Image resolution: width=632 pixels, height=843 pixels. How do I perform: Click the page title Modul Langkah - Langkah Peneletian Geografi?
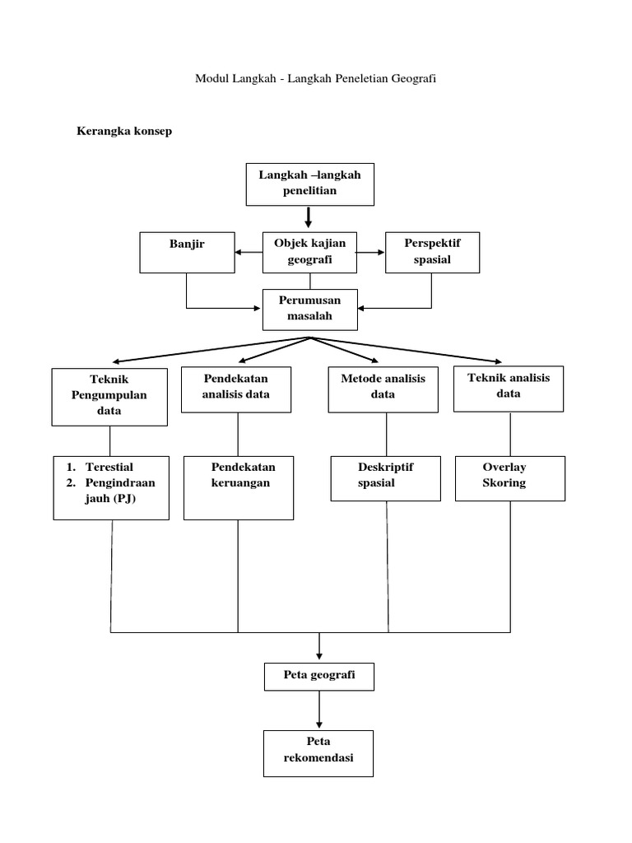tap(315, 79)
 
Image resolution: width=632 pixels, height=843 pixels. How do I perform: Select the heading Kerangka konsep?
tap(124, 131)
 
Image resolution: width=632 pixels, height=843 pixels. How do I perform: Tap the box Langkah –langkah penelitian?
tap(310, 184)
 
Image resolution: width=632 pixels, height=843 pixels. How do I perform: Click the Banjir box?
tap(186, 252)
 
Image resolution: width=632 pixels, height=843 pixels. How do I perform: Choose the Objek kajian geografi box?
tap(310, 252)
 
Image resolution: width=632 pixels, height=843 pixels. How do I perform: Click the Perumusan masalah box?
tap(310, 309)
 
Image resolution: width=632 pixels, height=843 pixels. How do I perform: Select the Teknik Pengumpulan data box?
tap(111, 396)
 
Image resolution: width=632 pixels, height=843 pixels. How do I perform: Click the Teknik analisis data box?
tap(509, 388)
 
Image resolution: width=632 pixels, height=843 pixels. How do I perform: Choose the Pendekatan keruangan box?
tap(238, 487)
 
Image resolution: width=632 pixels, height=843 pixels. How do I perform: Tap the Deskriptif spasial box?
tap(385, 477)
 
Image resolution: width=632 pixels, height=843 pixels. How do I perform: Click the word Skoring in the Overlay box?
tap(504, 483)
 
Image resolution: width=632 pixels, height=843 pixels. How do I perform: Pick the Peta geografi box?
tap(318, 676)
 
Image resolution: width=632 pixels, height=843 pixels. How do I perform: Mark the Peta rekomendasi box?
tap(318, 752)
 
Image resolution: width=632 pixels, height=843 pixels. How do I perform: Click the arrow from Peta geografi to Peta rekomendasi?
tap(318, 710)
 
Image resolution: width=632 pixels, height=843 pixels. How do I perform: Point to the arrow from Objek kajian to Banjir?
tap(248, 254)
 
